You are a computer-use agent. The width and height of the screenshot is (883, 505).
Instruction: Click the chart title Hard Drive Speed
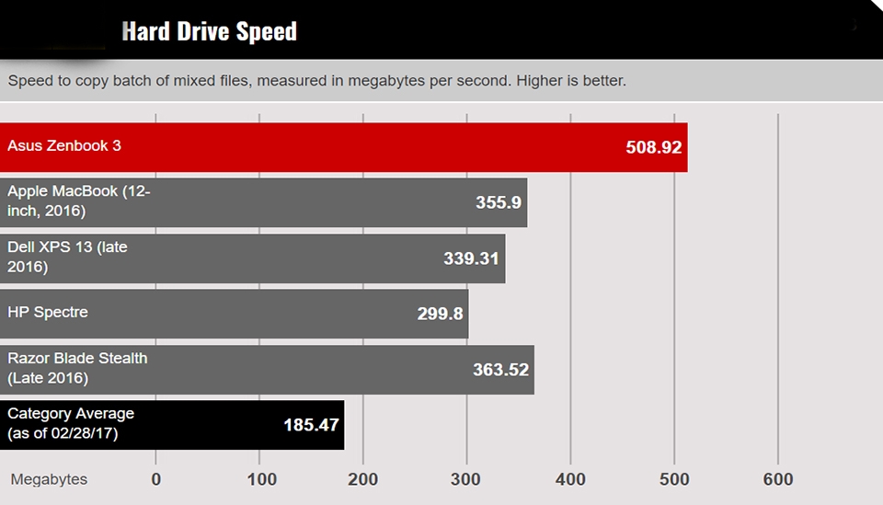click(x=210, y=31)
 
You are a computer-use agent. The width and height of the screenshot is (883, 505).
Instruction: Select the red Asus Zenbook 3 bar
click(x=368, y=147)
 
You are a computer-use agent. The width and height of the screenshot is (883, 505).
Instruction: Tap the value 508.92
click(x=653, y=147)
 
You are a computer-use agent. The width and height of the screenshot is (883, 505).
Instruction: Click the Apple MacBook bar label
click(x=78, y=201)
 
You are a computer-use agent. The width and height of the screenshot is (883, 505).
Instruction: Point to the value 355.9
click(x=499, y=202)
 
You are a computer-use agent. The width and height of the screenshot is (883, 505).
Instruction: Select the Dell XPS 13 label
click(x=67, y=257)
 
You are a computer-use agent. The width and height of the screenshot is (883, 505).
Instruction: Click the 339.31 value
click(x=471, y=258)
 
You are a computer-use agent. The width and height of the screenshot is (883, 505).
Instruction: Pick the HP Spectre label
click(x=48, y=312)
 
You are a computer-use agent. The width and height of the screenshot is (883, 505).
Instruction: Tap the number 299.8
click(x=440, y=314)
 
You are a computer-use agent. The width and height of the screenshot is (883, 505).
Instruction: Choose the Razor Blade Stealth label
click(x=77, y=368)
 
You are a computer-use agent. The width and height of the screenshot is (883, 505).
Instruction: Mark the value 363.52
click(x=500, y=370)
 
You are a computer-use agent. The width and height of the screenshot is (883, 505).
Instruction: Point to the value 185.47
click(x=311, y=425)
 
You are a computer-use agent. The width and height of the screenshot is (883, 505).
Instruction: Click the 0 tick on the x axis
click(x=156, y=479)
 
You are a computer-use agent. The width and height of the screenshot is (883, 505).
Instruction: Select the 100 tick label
click(x=261, y=479)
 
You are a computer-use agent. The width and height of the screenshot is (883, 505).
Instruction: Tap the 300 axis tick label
click(x=466, y=479)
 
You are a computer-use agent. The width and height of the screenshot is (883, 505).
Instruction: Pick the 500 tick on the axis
click(x=674, y=479)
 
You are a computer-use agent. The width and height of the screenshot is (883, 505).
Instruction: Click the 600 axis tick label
click(x=778, y=479)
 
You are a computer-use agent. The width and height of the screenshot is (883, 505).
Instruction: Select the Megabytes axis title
click(x=49, y=479)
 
